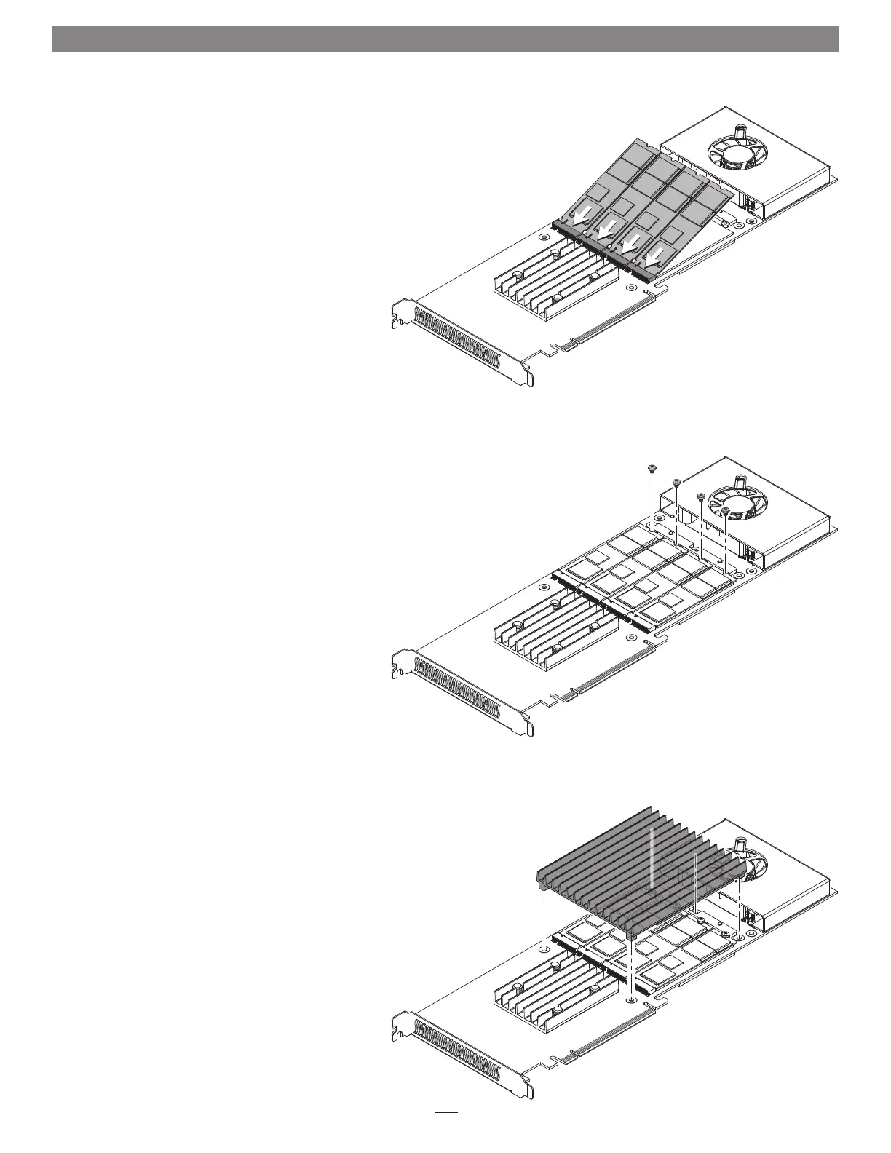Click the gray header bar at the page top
click(445, 39)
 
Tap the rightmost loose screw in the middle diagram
click(726, 511)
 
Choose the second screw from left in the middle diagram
click(676, 481)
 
